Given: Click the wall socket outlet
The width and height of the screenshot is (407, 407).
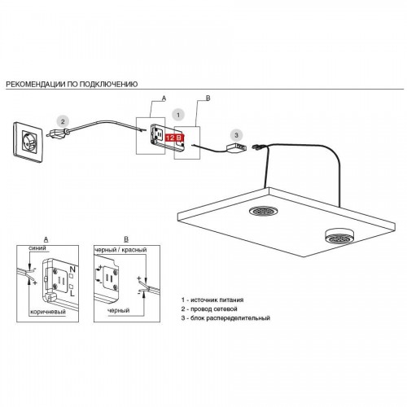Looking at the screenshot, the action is click(x=28, y=142).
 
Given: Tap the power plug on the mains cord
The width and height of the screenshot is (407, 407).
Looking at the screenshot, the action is click(x=57, y=133).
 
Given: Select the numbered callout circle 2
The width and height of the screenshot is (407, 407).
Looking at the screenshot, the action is click(x=63, y=121).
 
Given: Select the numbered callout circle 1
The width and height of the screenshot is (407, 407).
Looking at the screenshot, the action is click(x=178, y=115).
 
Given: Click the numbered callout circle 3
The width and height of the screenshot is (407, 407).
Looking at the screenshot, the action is click(x=236, y=135).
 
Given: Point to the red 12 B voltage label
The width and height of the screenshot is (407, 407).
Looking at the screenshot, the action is click(x=174, y=138).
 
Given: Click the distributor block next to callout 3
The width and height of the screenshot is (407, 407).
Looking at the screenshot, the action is click(x=236, y=147).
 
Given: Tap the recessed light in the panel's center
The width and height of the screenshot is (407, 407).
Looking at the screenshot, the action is click(x=262, y=211).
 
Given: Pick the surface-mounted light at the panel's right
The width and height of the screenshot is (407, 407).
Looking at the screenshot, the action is click(x=338, y=236).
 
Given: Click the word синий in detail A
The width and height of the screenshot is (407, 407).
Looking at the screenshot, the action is click(x=37, y=248).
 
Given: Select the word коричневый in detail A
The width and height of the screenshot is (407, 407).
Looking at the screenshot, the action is click(x=48, y=312).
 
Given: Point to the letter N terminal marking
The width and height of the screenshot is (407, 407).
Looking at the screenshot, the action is click(x=72, y=269).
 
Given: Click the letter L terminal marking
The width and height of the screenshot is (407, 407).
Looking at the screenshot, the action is click(x=72, y=293).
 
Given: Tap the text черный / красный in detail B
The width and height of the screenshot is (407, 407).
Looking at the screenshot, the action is click(x=120, y=250).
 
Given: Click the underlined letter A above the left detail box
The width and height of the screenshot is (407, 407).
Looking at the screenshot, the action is click(x=46, y=239).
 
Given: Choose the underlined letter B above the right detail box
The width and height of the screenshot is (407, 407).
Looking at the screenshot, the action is click(x=126, y=239).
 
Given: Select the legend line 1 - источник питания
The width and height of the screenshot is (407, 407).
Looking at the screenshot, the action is click(x=212, y=300).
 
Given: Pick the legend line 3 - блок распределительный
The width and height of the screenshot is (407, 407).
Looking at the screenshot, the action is click(x=225, y=318).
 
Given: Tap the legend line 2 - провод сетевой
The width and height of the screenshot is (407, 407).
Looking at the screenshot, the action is click(x=209, y=309).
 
